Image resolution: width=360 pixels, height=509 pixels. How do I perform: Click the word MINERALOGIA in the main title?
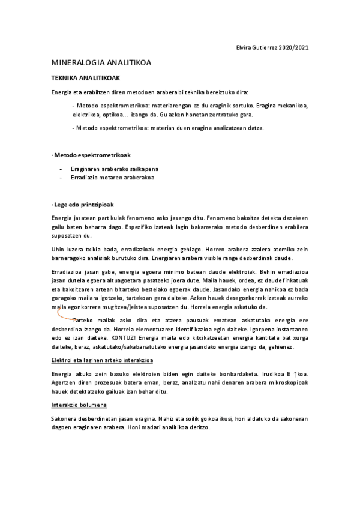(x=78, y=62)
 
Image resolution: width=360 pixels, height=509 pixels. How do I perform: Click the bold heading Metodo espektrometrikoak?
(x=89, y=155)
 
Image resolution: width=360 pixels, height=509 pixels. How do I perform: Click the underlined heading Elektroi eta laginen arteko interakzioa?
(x=102, y=361)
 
